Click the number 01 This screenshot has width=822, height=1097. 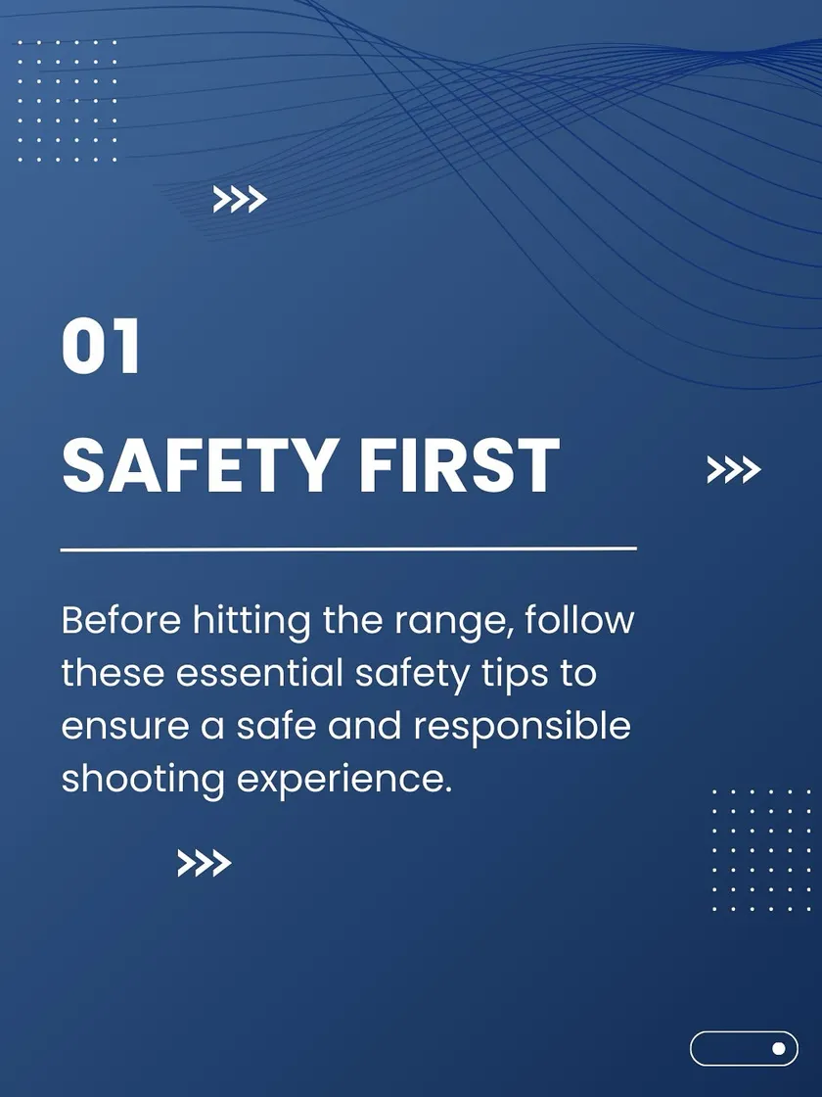[101, 347]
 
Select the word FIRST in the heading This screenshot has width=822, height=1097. [459, 465]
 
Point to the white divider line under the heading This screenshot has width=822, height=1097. [348, 549]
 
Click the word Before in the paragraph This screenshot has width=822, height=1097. [121, 620]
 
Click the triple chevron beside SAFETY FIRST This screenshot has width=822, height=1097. [733, 469]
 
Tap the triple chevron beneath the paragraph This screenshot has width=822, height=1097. [205, 863]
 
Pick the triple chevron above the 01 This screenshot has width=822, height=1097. [240, 200]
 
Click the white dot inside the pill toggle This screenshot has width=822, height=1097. [779, 1048]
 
